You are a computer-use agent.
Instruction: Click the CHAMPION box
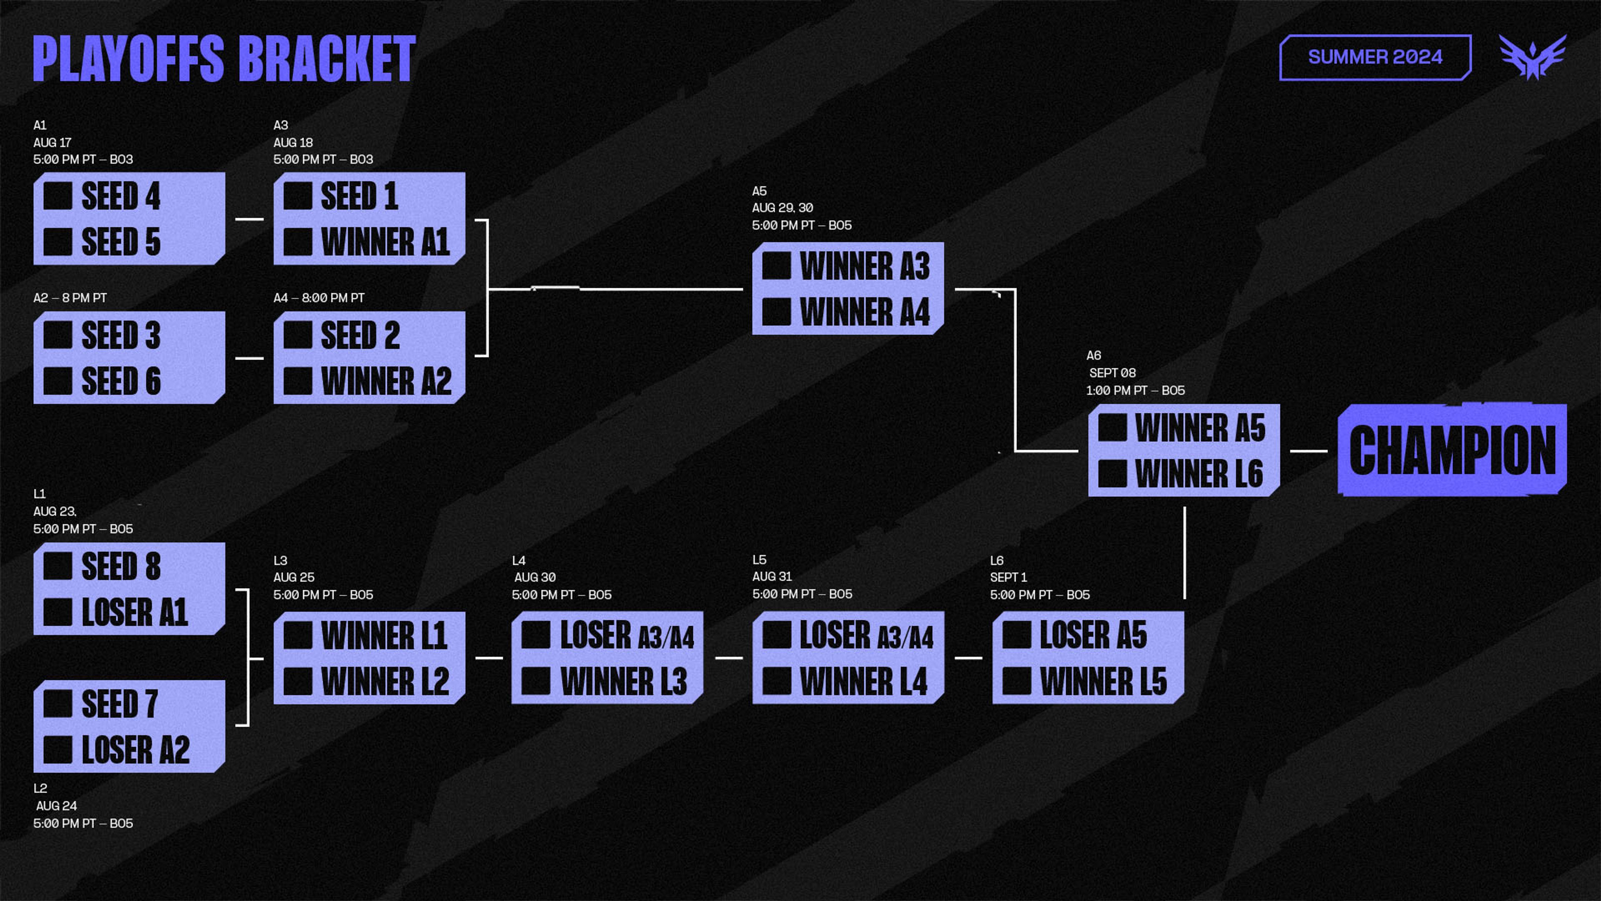(x=1452, y=450)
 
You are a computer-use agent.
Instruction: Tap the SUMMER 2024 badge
(x=1375, y=57)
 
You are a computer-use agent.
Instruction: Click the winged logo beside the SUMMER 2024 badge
(x=1532, y=57)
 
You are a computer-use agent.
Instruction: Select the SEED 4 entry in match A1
(x=121, y=196)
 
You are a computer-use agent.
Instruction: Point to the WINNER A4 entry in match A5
(x=864, y=312)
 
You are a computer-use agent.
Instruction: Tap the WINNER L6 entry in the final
(x=1198, y=474)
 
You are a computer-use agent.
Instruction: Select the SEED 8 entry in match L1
(x=121, y=566)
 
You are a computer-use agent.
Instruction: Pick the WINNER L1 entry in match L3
(x=384, y=635)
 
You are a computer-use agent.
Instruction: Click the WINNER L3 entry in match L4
(x=623, y=682)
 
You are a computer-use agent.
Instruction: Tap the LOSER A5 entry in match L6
(x=1093, y=635)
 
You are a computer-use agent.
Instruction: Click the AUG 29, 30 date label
(x=783, y=208)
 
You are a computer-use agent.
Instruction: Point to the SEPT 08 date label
(x=1112, y=373)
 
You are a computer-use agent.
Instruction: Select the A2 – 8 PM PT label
(x=70, y=298)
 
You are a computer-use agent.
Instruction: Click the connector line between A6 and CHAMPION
(x=1308, y=451)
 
